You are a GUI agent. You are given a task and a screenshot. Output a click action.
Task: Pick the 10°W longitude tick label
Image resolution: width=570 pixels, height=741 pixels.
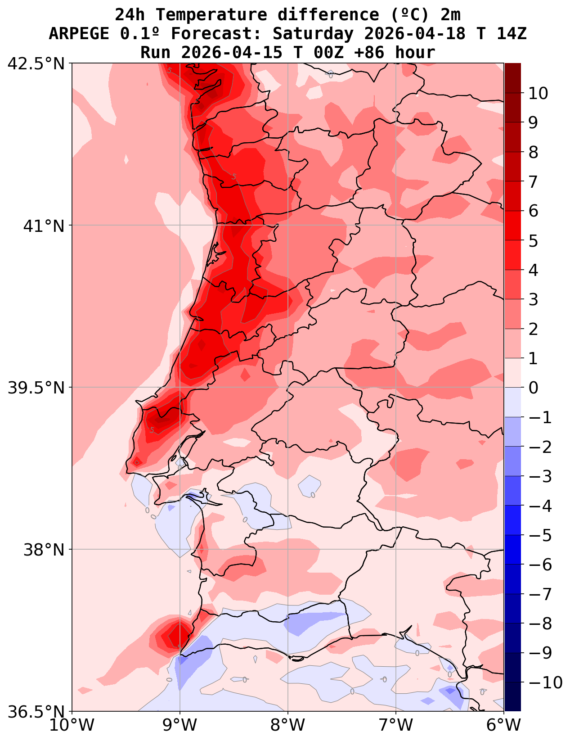[72, 726]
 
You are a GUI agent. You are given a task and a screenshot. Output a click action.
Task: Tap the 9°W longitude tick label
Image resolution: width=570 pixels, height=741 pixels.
[180, 726]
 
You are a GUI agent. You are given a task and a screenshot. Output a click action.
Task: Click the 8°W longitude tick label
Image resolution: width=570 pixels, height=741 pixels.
[288, 726]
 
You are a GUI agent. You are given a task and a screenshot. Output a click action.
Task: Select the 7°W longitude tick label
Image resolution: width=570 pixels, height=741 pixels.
[396, 726]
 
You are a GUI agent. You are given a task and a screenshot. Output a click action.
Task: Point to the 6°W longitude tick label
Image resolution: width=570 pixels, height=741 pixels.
[504, 726]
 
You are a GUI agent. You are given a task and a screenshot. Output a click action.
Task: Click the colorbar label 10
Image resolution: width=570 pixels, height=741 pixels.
[538, 94]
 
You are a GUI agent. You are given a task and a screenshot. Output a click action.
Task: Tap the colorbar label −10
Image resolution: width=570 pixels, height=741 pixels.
[545, 683]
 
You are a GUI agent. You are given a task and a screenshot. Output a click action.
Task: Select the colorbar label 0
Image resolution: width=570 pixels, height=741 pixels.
[533, 388]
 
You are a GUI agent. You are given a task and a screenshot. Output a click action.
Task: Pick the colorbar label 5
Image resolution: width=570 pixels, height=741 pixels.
[533, 241]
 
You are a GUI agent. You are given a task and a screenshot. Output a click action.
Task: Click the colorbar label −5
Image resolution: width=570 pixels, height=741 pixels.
[540, 536]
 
